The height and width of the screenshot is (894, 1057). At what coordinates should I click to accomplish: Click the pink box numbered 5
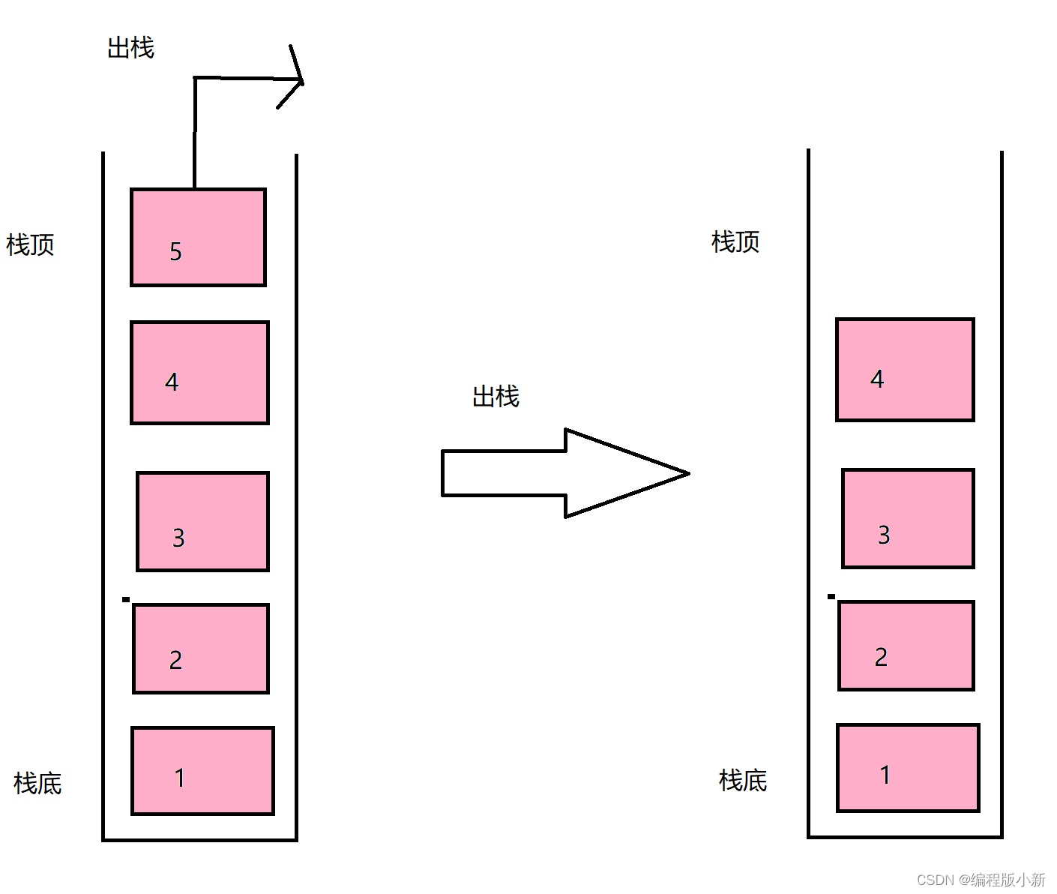[198, 237]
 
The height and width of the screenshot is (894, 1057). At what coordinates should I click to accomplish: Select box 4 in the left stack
[199, 373]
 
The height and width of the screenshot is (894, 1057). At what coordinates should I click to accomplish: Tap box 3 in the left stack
[202, 521]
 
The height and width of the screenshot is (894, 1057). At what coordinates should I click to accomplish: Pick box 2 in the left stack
[201, 649]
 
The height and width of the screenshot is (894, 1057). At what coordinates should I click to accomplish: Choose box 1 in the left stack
[202, 770]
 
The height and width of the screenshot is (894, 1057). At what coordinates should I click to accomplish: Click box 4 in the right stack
[905, 370]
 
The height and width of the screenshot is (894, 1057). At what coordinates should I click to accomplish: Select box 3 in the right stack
[908, 518]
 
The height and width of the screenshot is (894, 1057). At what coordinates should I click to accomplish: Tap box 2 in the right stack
[906, 646]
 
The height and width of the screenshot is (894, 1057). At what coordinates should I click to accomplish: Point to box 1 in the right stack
[908, 767]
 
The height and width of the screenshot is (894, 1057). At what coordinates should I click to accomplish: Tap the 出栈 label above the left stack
[131, 48]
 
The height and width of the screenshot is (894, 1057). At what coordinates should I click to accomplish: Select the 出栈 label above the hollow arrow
[496, 396]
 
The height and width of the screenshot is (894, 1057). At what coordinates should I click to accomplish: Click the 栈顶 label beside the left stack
[31, 244]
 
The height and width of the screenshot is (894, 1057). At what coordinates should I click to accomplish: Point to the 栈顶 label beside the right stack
[735, 241]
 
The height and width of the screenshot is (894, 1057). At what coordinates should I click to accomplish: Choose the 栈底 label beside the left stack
[37, 783]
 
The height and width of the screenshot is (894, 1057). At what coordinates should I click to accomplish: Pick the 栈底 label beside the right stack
[743, 780]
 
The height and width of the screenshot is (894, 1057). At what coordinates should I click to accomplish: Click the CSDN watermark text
[981, 880]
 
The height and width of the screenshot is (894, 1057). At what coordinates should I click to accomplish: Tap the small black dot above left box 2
[126, 599]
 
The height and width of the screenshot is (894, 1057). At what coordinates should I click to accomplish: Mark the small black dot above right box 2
[831, 596]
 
